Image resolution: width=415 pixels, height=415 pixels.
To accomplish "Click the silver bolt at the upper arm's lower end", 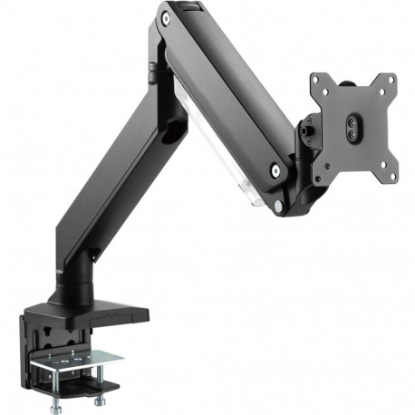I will (x=274, y=167).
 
